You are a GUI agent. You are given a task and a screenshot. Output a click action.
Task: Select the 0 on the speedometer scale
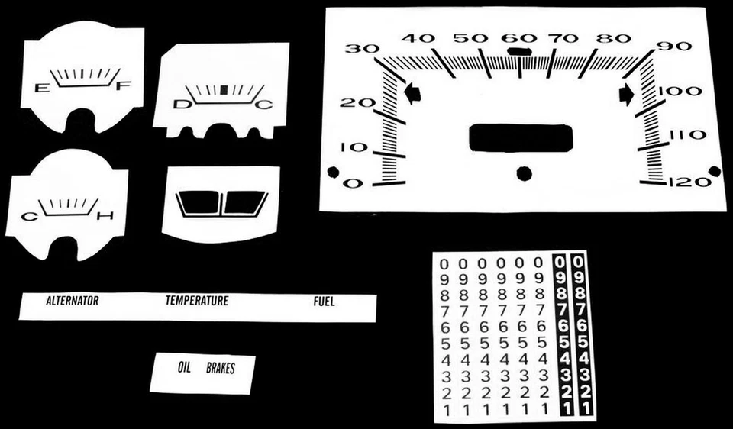pos(352,183)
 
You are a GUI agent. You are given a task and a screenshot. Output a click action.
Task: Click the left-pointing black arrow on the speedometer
pos(412,94)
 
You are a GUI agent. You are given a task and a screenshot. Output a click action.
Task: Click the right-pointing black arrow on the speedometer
pos(627,94)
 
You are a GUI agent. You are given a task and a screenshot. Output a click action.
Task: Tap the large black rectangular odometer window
pos(520,137)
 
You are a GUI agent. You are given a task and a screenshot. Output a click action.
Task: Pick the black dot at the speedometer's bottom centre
pos(524,173)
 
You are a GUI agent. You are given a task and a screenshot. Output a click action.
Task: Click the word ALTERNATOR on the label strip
pos(73,301)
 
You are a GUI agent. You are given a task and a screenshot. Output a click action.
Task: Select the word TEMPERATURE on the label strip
pos(197,301)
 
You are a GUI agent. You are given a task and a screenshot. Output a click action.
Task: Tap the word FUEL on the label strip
pos(324,302)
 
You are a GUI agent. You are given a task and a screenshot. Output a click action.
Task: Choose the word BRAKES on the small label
pos(221,369)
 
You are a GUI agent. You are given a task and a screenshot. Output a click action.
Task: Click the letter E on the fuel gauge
pos(40,89)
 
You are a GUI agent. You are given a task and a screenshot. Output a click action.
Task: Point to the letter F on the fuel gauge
pos(121,87)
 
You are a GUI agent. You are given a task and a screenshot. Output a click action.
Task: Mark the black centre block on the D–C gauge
pos(224,89)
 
